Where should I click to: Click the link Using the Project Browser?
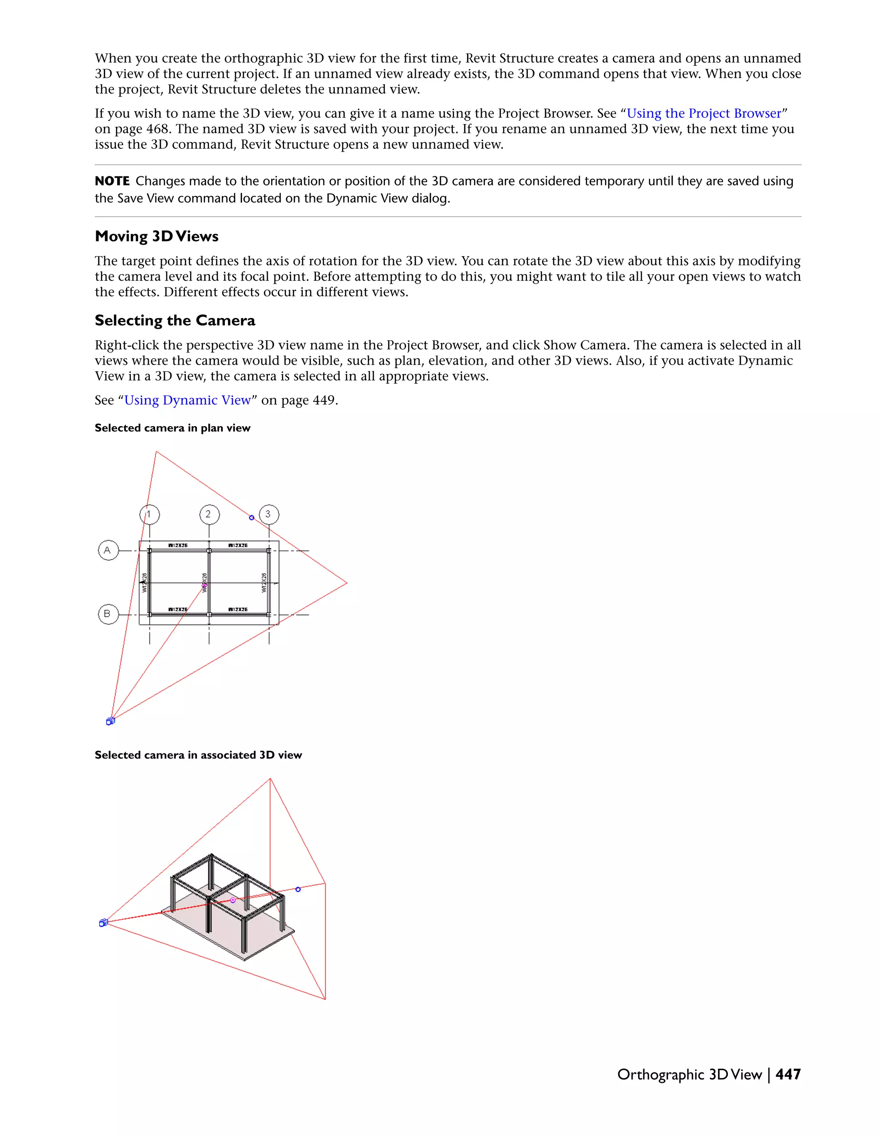(x=703, y=114)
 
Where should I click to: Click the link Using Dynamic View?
(x=188, y=400)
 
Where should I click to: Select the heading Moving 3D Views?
(x=156, y=236)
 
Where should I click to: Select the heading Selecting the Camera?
(x=175, y=321)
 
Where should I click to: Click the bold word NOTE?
(x=112, y=181)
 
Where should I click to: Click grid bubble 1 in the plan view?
(x=149, y=514)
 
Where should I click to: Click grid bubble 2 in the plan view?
(x=209, y=514)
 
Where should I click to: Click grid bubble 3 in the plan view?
(x=269, y=514)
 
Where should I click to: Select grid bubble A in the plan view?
(x=108, y=550)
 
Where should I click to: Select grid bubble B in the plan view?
(x=108, y=614)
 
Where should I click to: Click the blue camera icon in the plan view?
(x=110, y=721)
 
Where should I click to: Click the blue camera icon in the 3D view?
(x=103, y=922)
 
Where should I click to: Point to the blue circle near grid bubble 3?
(x=252, y=517)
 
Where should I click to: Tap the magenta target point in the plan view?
(x=204, y=586)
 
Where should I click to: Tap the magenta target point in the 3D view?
(x=233, y=900)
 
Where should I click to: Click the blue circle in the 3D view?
(x=298, y=889)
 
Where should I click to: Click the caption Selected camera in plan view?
(x=173, y=428)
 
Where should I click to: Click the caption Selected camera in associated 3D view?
(x=198, y=755)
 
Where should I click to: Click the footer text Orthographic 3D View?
(x=689, y=1074)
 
